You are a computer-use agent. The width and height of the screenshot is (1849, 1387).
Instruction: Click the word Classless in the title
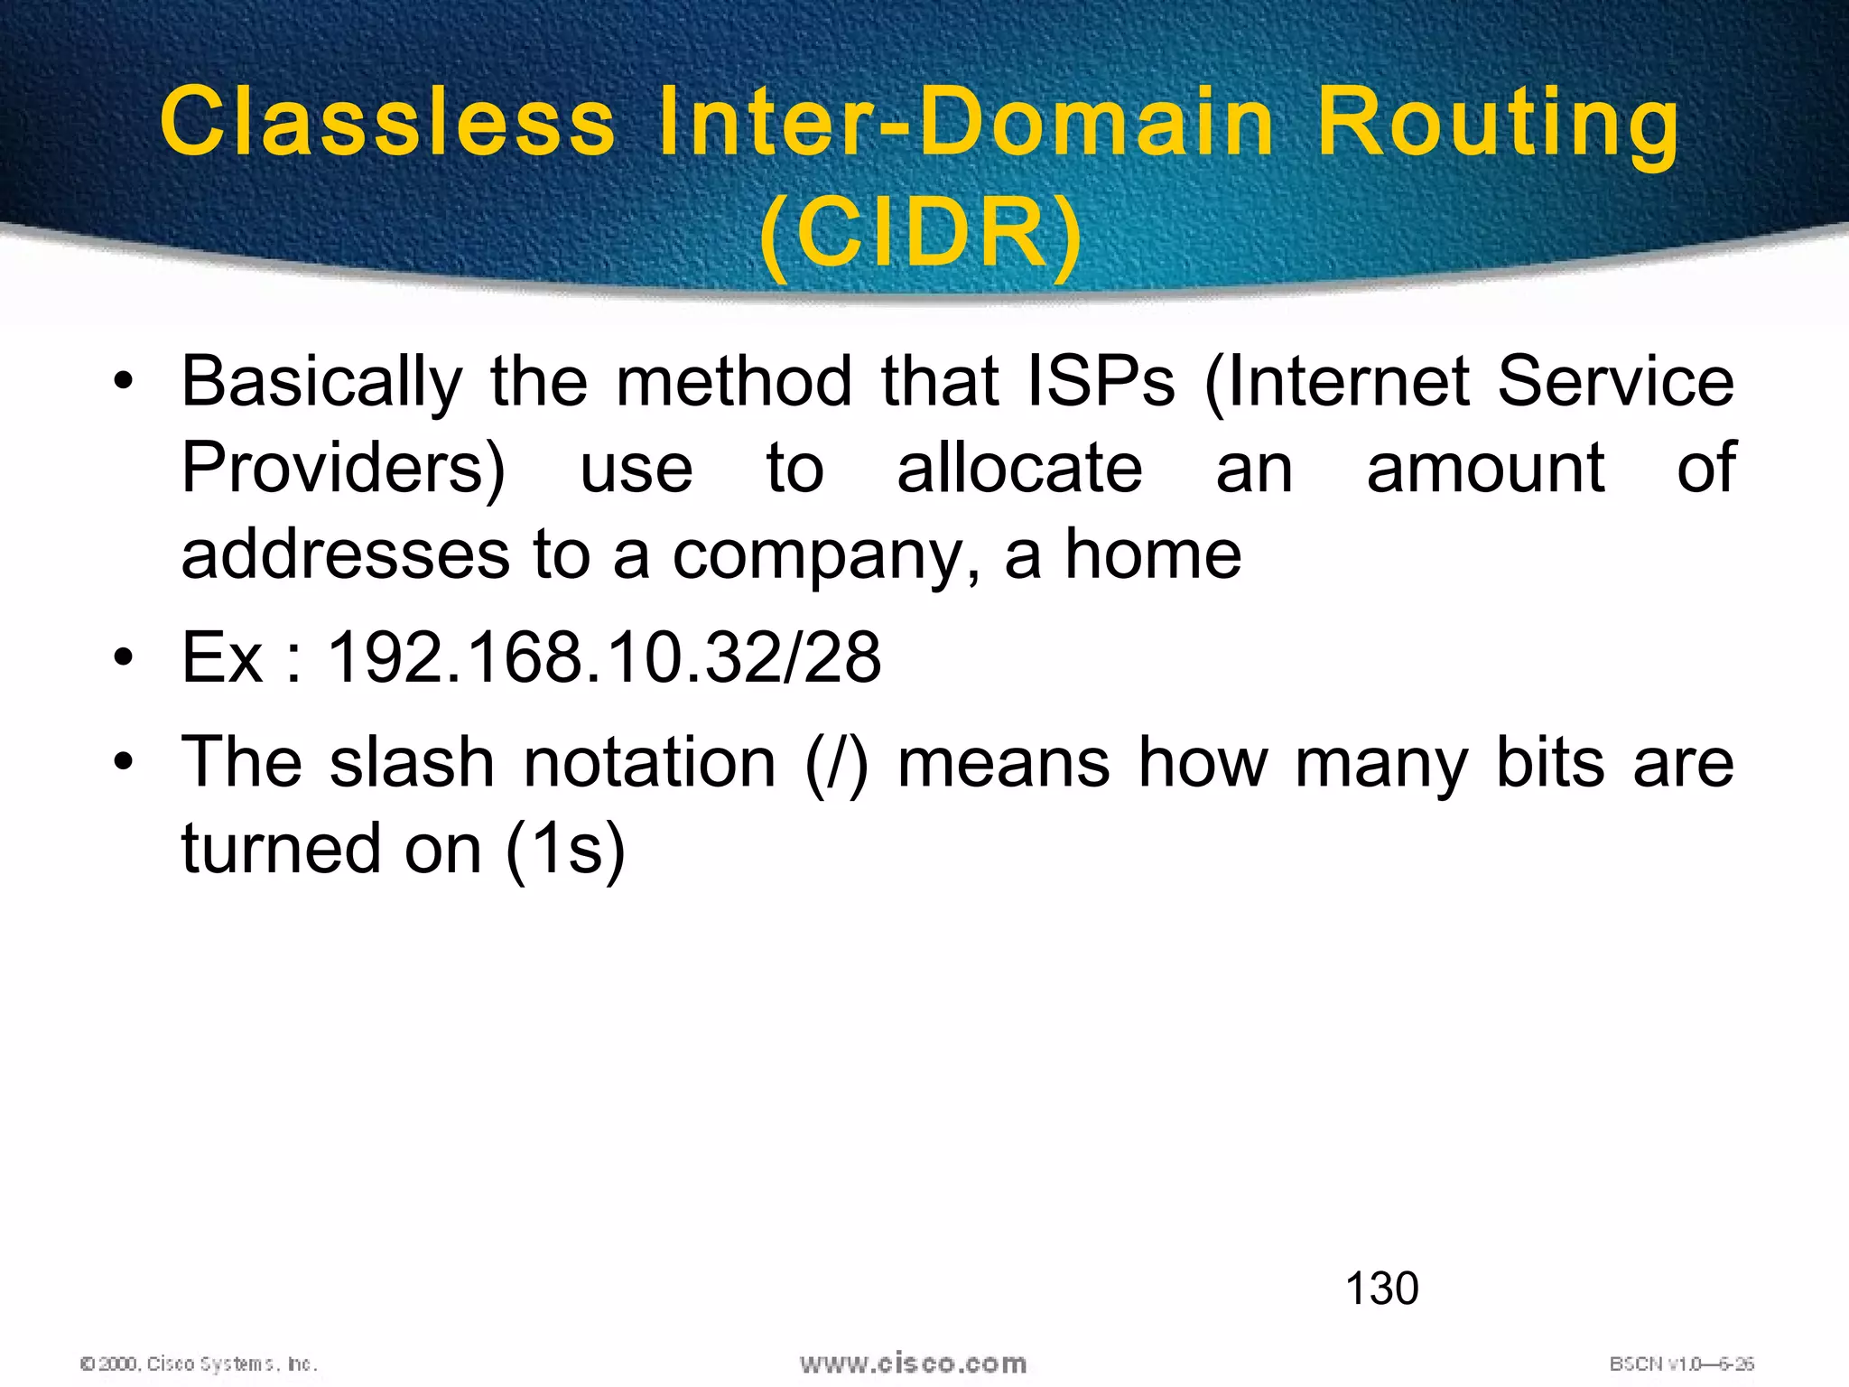pos(388,122)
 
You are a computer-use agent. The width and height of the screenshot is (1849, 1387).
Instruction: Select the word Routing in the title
pos(1497,122)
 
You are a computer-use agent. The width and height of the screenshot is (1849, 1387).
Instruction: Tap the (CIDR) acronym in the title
pos(921,233)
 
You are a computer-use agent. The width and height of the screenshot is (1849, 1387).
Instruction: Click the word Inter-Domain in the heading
pos(966,122)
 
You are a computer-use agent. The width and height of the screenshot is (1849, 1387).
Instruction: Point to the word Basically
pos(321,382)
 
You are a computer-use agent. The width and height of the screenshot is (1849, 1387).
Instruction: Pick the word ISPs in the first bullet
pos(1101,382)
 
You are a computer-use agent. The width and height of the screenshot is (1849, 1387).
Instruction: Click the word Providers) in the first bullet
pos(343,468)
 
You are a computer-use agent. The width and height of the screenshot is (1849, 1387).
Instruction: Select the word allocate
pos(1019,468)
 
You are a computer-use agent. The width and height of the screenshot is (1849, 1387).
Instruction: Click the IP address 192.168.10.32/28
pos(603,657)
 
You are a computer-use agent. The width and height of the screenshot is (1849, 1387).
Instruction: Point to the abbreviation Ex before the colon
pos(222,657)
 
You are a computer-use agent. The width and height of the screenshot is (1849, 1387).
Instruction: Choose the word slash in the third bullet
pos(412,763)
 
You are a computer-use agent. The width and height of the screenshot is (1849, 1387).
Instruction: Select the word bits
pos(1550,763)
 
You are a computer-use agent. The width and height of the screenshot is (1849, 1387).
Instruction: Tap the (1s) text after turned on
pos(565,850)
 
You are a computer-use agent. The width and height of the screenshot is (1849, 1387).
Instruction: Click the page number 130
pos(1381,1289)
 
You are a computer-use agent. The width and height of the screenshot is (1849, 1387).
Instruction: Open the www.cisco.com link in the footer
pos(913,1364)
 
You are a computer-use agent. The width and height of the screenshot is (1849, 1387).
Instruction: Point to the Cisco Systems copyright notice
pos(199,1364)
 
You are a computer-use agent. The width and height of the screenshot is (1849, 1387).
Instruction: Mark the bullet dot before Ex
pos(124,656)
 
